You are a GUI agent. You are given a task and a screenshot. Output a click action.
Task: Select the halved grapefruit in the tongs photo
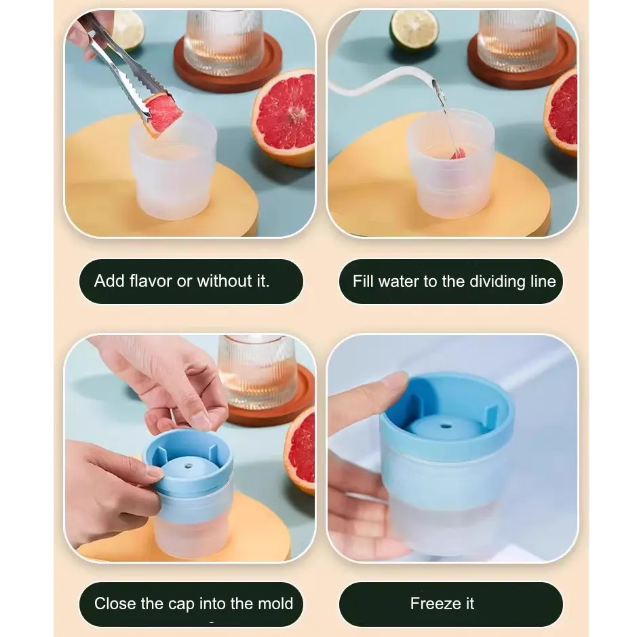284,117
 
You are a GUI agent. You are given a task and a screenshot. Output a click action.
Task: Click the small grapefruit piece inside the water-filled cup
458,155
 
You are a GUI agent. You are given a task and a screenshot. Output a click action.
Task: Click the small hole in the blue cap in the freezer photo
446,427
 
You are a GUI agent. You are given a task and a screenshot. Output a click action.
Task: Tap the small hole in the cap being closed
188,466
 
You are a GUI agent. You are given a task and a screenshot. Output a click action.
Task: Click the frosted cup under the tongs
174,169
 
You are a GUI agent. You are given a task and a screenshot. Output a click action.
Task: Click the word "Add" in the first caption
109,281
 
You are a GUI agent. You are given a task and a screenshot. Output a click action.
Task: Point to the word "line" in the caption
543,282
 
